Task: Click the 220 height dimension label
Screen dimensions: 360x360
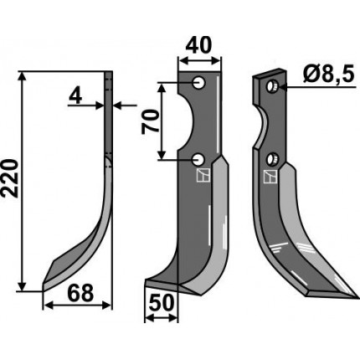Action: coord(10,178)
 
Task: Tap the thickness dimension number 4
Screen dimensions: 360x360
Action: coord(75,96)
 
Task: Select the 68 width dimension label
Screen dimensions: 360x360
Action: coord(80,293)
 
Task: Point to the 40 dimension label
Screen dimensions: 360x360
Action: coord(198,45)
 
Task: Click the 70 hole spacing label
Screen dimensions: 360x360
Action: coord(150,121)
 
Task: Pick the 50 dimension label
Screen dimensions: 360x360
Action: coord(162,303)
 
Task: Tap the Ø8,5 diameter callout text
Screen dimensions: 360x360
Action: coord(328,75)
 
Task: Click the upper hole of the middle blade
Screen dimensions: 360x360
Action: coord(199,83)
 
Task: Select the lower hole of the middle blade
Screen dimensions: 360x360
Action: coord(198,160)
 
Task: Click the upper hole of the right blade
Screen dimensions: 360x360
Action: coord(271,86)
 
